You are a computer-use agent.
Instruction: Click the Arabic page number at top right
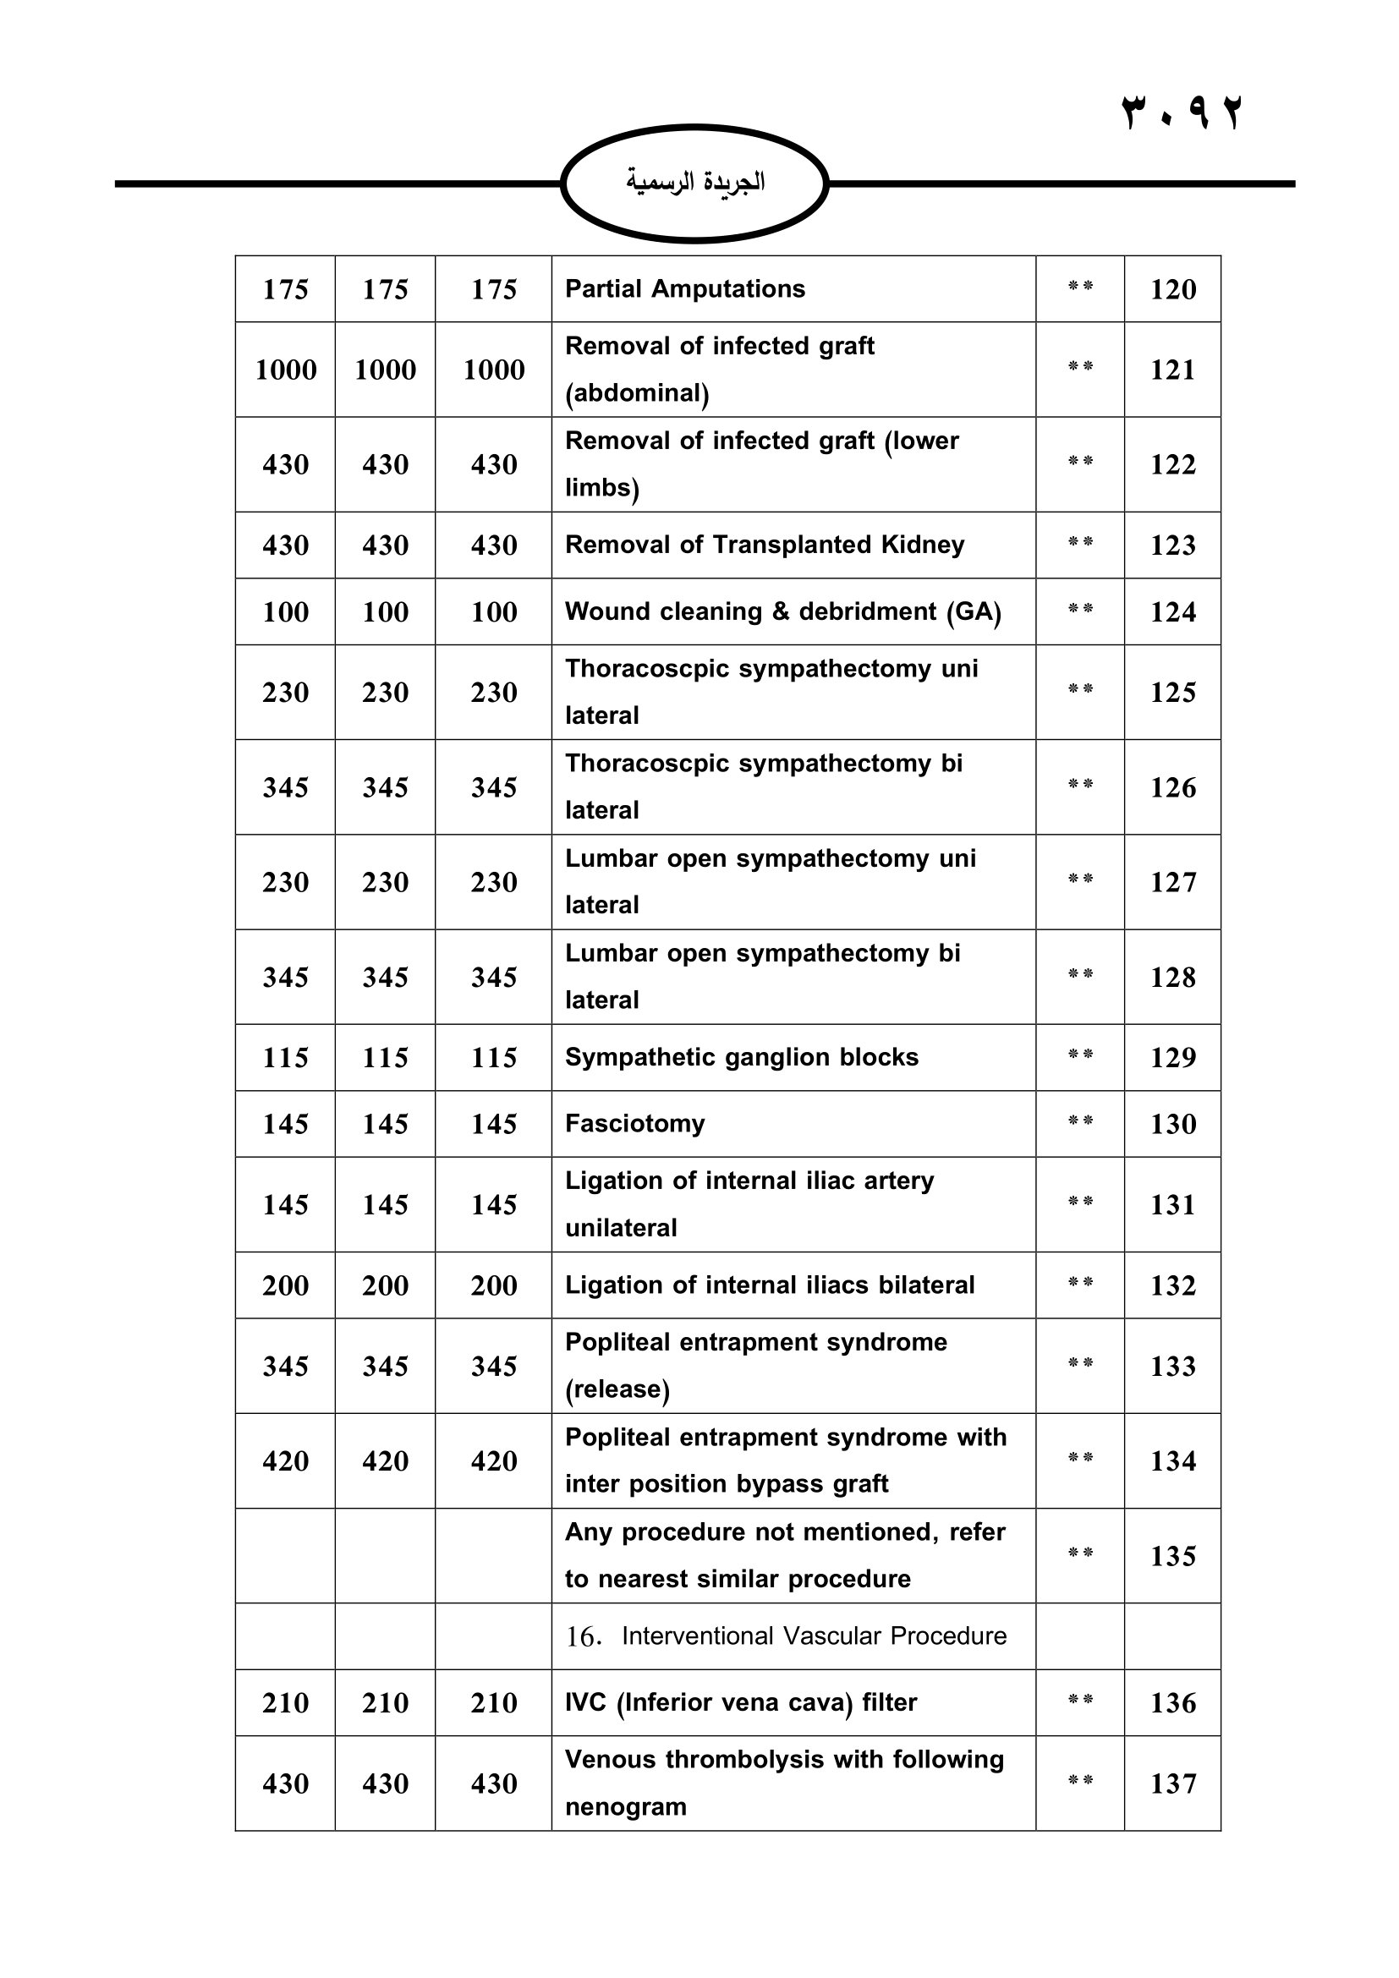1182,112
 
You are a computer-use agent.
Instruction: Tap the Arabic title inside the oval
694,182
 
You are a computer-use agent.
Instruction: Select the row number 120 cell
1172,289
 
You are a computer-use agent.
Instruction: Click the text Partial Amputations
685,288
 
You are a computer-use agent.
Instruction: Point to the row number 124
1172,611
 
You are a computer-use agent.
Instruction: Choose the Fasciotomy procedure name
635,1123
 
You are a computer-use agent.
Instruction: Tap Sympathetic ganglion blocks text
742,1057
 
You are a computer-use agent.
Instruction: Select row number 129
1172,1057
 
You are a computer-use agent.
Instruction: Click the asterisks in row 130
1080,1121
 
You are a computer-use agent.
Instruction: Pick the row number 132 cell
1172,1285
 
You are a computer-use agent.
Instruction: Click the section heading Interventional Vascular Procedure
814,1636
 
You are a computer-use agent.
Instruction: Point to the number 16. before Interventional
584,1637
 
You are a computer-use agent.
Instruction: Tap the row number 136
1172,1702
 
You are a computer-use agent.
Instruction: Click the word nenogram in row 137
625,1806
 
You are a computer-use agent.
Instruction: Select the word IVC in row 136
586,1702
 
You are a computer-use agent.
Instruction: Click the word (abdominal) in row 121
637,394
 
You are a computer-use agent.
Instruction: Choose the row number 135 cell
1172,1556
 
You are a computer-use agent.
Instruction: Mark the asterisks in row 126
1080,784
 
